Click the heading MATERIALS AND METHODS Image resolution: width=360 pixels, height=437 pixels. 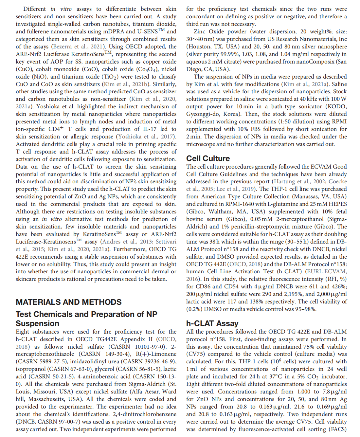click(x=68, y=302)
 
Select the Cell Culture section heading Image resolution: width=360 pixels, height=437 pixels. click(x=208, y=158)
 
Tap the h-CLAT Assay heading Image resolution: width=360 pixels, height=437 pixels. click(x=212, y=323)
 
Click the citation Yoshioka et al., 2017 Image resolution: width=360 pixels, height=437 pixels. click(x=146, y=137)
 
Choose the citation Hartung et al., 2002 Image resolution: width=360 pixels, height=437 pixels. click(x=299, y=181)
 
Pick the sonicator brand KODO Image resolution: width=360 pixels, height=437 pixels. click(x=338, y=106)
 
